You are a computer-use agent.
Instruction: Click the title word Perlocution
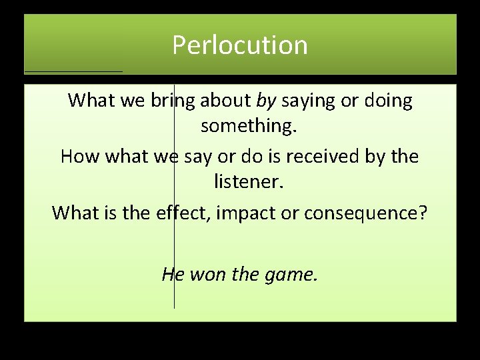tap(240, 45)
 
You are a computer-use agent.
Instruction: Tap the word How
tap(79, 157)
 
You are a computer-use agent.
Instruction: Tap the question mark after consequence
tap(424, 213)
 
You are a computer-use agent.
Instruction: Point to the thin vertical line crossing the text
tap(174, 293)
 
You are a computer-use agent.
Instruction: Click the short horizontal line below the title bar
tap(73, 71)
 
